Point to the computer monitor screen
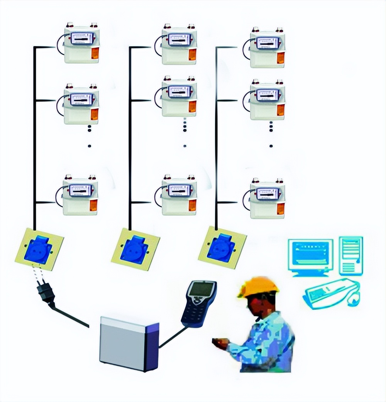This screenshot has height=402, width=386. pyautogui.click(x=310, y=253)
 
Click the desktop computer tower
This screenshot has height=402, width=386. pyautogui.click(x=350, y=255)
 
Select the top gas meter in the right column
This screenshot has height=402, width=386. pyautogui.click(x=267, y=47)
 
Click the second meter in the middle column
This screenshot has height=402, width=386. pyautogui.click(x=179, y=96)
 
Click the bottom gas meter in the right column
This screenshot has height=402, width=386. pyautogui.click(x=267, y=198)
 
